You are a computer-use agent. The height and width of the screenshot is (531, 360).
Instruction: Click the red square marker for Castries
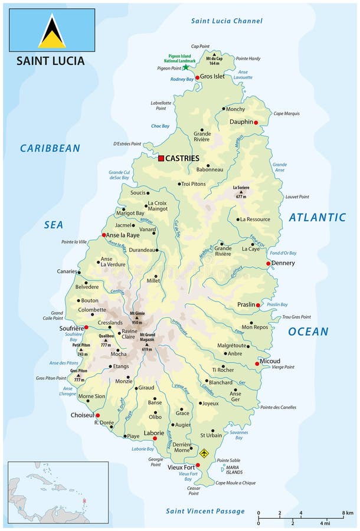pyautogui.click(x=161, y=158)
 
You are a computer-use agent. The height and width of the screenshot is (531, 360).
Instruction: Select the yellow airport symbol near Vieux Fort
pyautogui.click(x=204, y=453)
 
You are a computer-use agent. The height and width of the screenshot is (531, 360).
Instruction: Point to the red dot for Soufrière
pyautogui.click(x=86, y=327)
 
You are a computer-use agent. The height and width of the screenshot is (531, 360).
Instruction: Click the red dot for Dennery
pyautogui.click(x=268, y=264)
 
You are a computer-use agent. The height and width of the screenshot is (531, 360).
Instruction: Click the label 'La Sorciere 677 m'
pyautogui.click(x=240, y=191)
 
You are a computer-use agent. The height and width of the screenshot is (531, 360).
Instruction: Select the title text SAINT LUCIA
pyautogui.click(x=50, y=61)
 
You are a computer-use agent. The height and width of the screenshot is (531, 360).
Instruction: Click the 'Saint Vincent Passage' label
pyautogui.click(x=205, y=511)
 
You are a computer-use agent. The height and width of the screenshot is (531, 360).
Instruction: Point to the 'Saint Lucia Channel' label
pyautogui.click(x=227, y=21)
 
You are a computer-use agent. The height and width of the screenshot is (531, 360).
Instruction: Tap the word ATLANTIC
pyautogui.click(x=317, y=218)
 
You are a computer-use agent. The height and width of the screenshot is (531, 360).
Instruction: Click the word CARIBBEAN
pyautogui.click(x=50, y=148)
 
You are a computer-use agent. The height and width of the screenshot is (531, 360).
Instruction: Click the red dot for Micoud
pyautogui.click(x=257, y=364)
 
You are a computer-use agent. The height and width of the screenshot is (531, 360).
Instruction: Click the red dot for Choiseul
pyautogui.click(x=98, y=415)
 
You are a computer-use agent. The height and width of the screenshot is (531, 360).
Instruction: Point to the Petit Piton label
pyautogui.click(x=81, y=345)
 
